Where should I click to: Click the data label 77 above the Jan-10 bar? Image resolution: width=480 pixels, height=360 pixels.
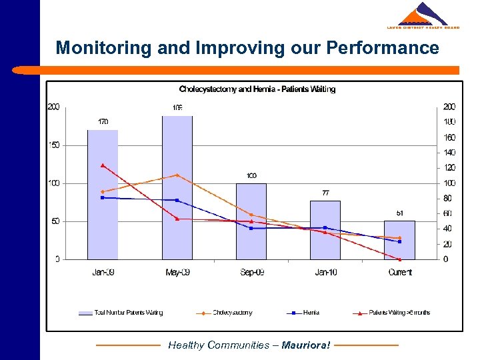[x=325, y=193]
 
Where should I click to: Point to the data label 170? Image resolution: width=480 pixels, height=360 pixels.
[x=103, y=122]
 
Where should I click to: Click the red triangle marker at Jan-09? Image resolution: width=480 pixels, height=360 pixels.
[x=103, y=165]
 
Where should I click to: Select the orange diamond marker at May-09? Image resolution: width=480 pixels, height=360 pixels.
[x=177, y=175]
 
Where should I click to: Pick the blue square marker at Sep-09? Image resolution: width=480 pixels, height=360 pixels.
[x=251, y=228]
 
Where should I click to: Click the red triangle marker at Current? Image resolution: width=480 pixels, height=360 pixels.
[x=399, y=259]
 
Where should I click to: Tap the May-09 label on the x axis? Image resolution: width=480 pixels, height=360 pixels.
[x=177, y=272]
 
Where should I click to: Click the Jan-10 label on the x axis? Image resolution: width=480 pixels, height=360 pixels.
[x=325, y=272]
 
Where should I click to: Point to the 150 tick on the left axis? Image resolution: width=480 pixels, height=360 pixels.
[x=54, y=145]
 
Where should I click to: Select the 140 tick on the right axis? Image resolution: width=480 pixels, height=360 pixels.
[x=450, y=153]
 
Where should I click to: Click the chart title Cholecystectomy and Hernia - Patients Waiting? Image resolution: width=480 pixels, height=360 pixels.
[x=257, y=89]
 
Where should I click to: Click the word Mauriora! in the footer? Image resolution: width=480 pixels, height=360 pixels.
[x=306, y=345]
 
